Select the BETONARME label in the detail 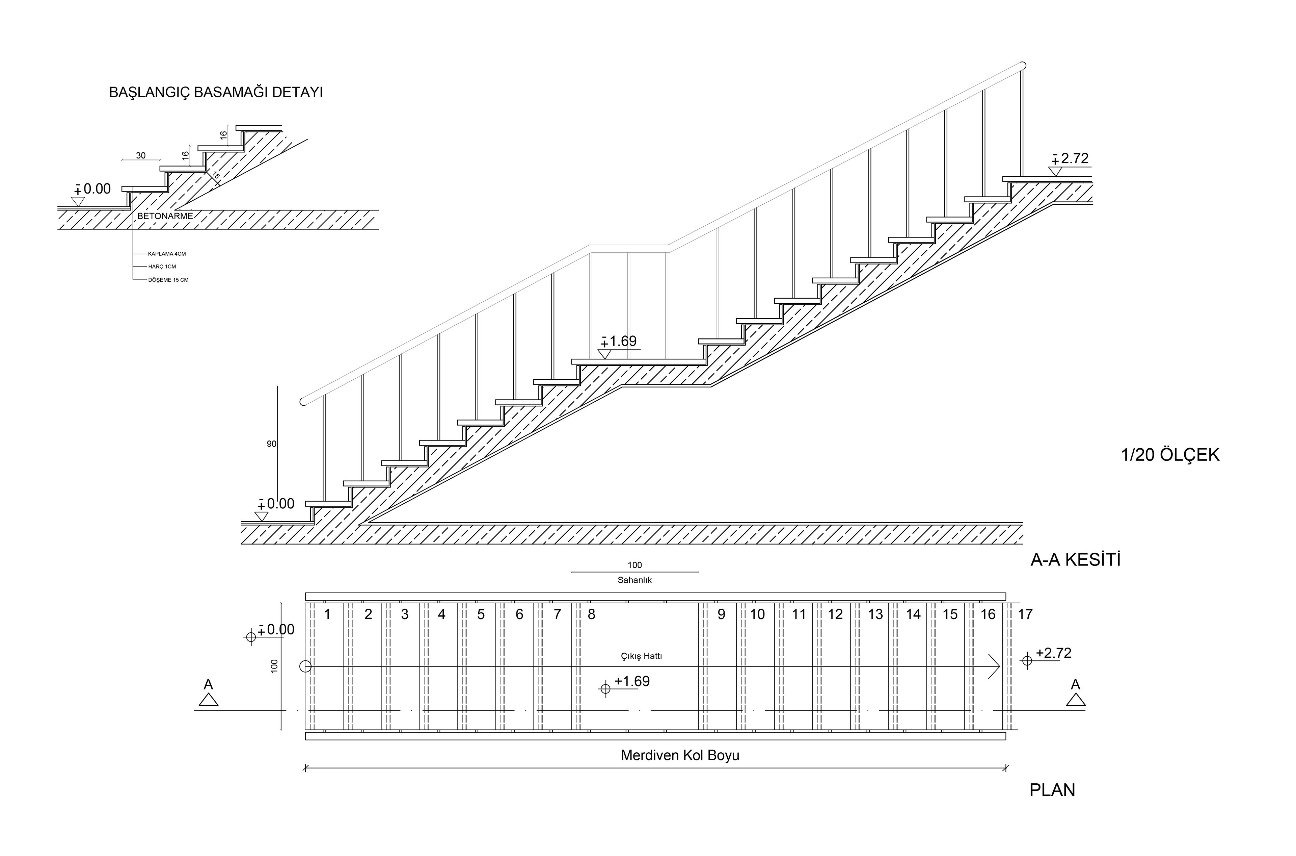[165, 216]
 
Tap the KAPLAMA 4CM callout [167, 254]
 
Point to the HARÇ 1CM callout [162, 267]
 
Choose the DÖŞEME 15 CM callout [168, 280]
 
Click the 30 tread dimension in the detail [141, 156]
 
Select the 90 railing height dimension [271, 444]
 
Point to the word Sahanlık [634, 580]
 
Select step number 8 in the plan [591, 615]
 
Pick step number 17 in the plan [1025, 615]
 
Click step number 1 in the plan [327, 615]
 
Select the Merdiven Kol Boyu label [680, 756]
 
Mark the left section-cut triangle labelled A [208, 700]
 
